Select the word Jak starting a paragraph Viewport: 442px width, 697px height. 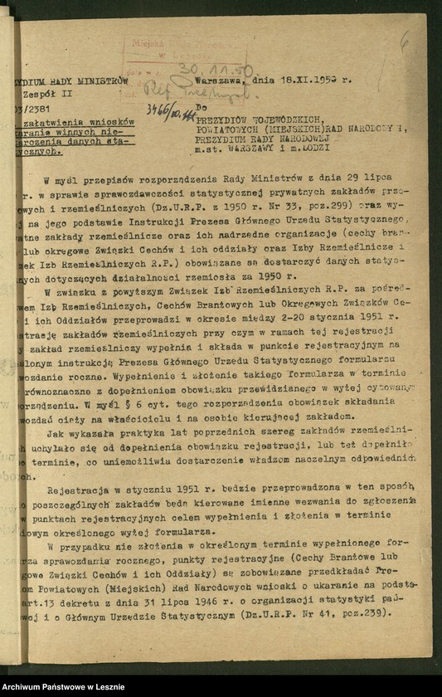point(56,432)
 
